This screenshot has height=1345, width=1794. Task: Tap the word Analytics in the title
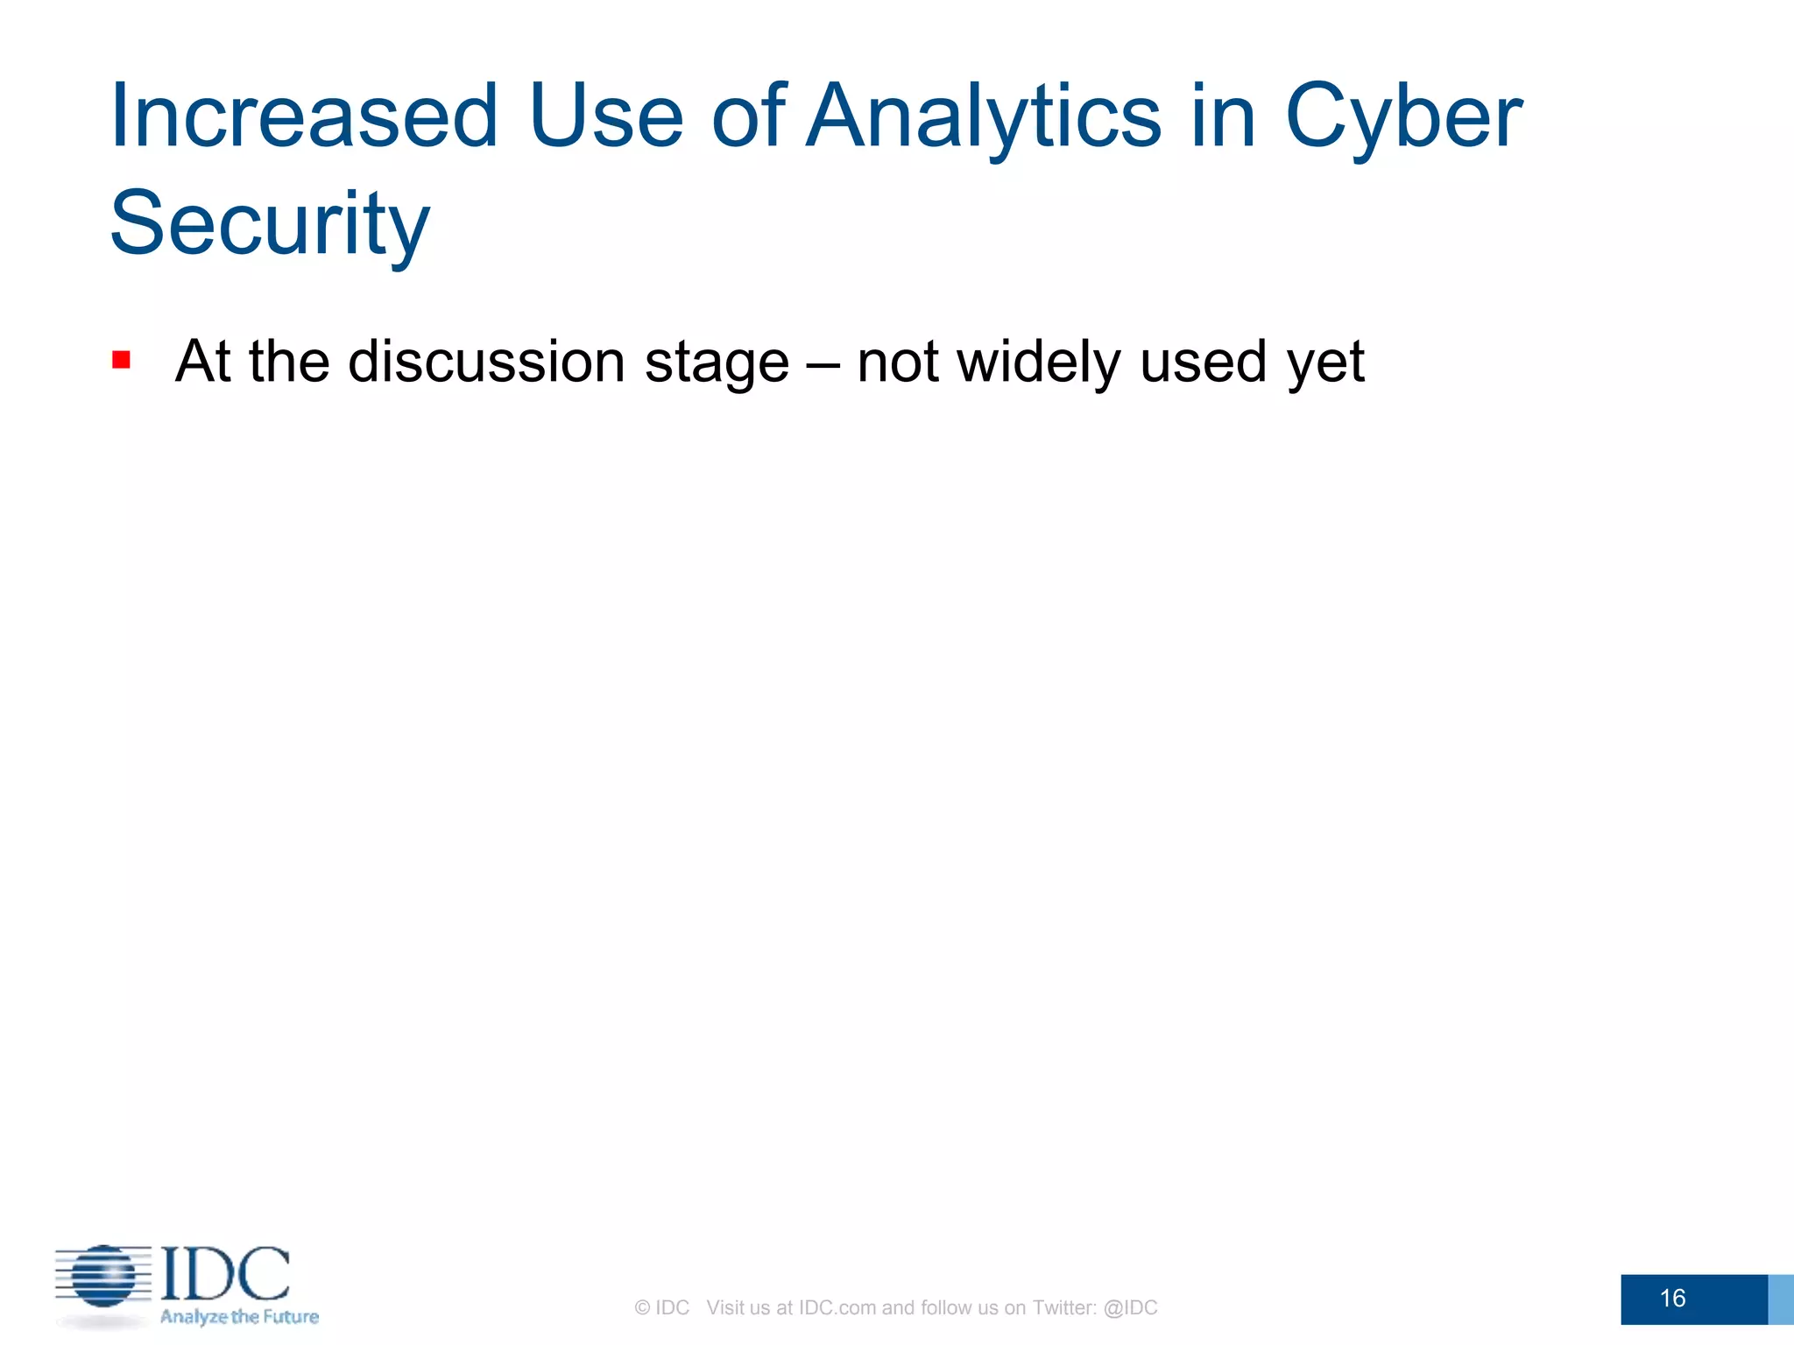pos(983,116)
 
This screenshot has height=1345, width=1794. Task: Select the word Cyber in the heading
pos(1403,116)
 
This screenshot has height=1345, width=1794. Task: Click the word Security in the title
pos(270,224)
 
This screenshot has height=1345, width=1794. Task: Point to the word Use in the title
pos(605,116)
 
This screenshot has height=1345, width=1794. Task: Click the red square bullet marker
pos(122,360)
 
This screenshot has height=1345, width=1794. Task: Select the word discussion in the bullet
pos(486,361)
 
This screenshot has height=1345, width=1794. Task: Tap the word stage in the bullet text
pos(717,363)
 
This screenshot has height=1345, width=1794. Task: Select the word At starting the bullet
pos(202,361)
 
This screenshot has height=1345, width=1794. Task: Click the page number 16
pos(1672,1298)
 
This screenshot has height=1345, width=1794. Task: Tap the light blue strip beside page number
pos(1780,1299)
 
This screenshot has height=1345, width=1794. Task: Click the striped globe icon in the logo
pos(104,1277)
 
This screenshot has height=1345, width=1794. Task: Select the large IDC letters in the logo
pos(226,1274)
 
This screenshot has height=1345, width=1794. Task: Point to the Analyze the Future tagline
pos(239,1317)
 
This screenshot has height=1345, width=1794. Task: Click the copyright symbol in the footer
pos(642,1308)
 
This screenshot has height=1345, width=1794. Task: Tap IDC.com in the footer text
pos(837,1307)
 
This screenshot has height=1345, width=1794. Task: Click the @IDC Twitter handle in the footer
pos(1130,1307)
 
